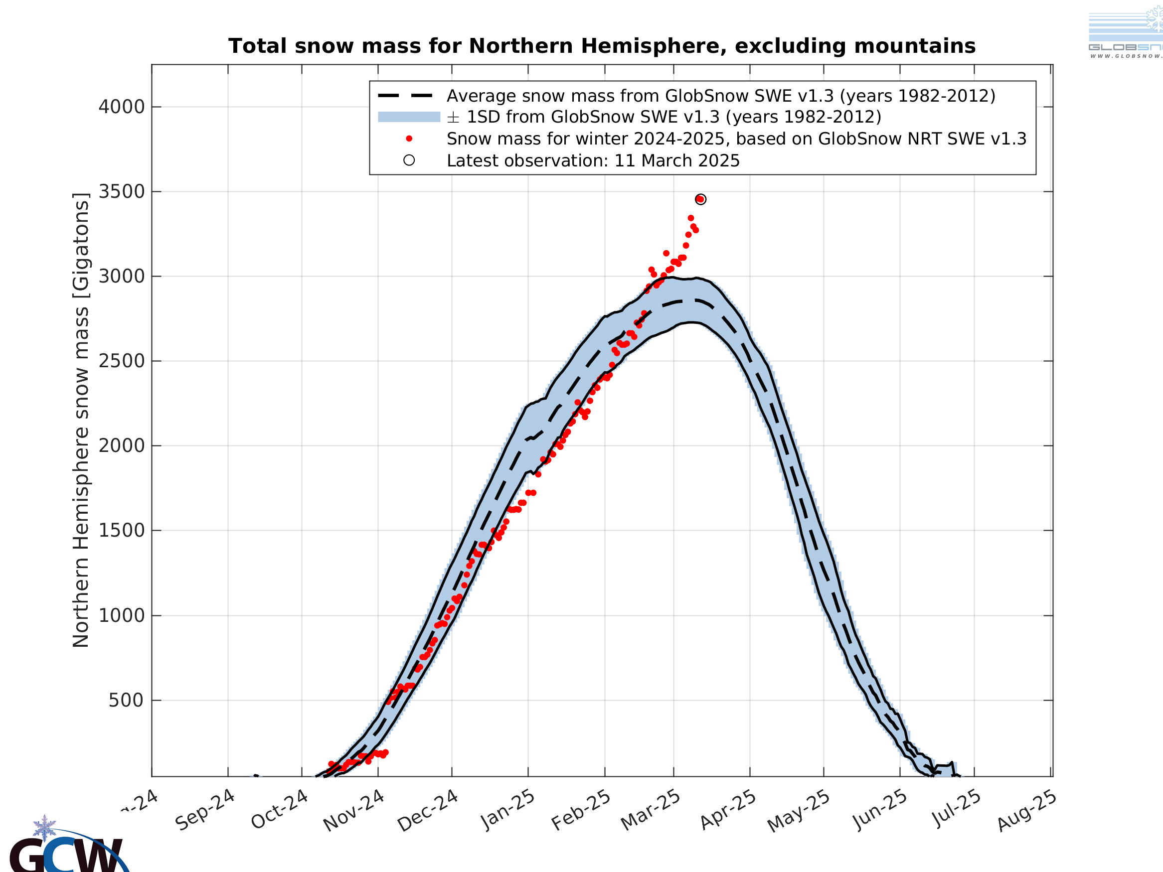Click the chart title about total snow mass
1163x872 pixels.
coord(602,46)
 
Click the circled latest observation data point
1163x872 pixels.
coord(700,199)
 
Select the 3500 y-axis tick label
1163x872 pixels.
coord(122,192)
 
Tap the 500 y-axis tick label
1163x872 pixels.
coord(126,701)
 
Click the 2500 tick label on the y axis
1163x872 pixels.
coord(122,361)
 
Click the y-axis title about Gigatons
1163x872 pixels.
coord(81,421)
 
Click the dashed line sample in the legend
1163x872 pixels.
coord(405,96)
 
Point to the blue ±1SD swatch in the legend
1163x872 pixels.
coord(409,117)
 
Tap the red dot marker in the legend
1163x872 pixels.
coord(409,139)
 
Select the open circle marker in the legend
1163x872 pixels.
coord(409,160)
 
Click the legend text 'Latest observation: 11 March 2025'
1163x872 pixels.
coord(593,161)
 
